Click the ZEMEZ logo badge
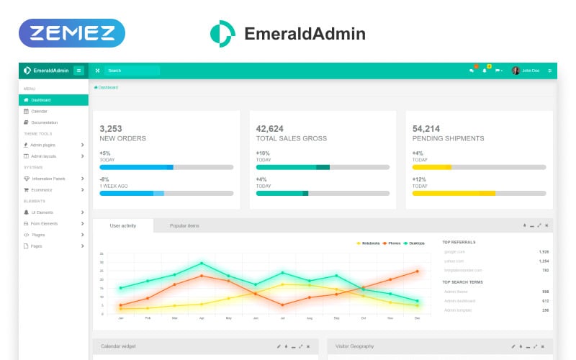coord(72,33)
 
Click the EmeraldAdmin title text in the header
coord(305,34)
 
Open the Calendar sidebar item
coord(39,111)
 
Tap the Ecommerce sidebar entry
coord(42,189)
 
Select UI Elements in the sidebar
coord(41,212)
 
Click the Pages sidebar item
coord(36,246)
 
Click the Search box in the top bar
coord(132,71)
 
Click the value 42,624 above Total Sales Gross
coord(269,128)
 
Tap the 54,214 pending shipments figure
coord(426,128)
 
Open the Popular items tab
coord(184,226)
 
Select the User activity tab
coord(123,226)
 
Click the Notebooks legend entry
coord(370,243)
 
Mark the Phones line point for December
coord(417,271)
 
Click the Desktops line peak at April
coord(202,264)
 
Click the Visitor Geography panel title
coord(356,346)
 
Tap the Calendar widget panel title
coord(118,346)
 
